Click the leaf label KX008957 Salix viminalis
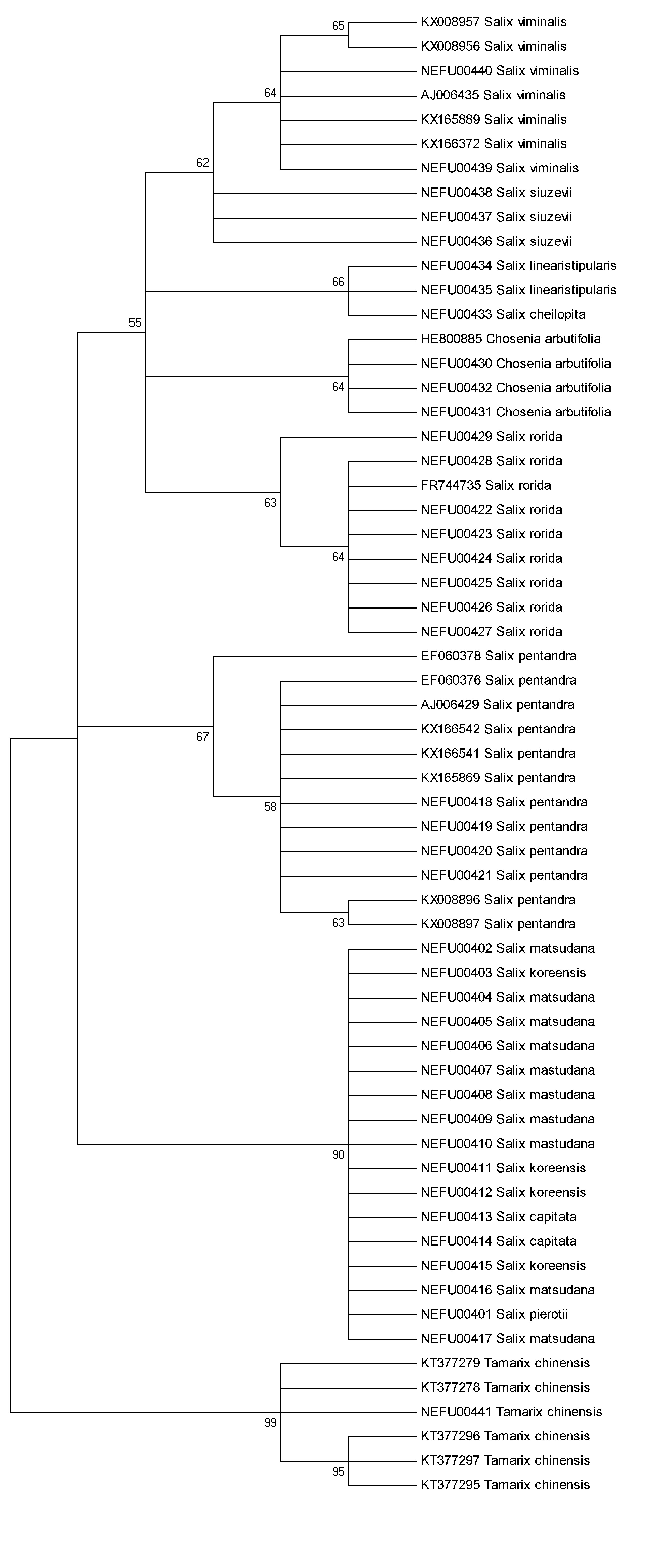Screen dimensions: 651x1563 (x=493, y=22)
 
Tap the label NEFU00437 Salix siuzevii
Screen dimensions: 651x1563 (x=496, y=217)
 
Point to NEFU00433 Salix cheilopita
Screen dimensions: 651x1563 (x=503, y=314)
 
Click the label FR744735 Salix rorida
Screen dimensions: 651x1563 (x=485, y=485)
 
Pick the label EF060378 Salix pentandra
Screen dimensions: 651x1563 (x=498, y=656)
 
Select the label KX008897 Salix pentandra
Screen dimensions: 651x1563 (x=497, y=924)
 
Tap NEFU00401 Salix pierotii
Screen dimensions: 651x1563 (x=494, y=1314)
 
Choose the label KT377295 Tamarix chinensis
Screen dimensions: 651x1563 (x=505, y=1485)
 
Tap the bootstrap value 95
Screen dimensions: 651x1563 (x=338, y=1471)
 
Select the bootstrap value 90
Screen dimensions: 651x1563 (x=338, y=1155)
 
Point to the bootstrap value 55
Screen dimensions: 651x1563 (x=135, y=323)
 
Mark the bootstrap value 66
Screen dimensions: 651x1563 (x=338, y=282)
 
